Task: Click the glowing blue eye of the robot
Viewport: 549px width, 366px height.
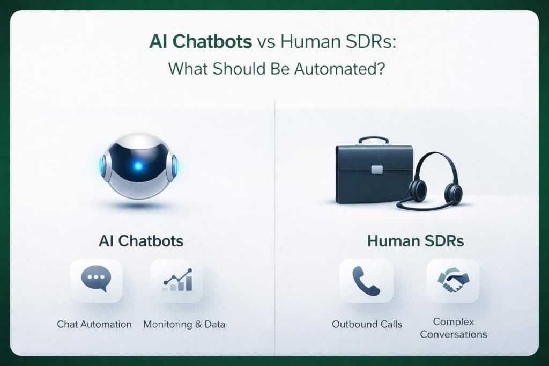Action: point(138,165)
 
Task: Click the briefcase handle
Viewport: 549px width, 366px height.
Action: point(374,141)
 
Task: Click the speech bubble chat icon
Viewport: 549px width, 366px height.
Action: point(96,281)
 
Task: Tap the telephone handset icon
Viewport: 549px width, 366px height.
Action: point(367,281)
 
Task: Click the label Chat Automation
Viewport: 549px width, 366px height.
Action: point(94,324)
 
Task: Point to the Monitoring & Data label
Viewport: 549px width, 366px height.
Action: point(184,324)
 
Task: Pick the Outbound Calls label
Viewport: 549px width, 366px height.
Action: point(367,324)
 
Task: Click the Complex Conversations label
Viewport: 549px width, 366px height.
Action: point(454,328)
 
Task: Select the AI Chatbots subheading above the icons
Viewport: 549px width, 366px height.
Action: point(141,241)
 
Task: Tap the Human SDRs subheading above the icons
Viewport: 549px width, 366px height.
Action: point(416,241)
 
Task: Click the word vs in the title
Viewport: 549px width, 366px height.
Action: point(267,42)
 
